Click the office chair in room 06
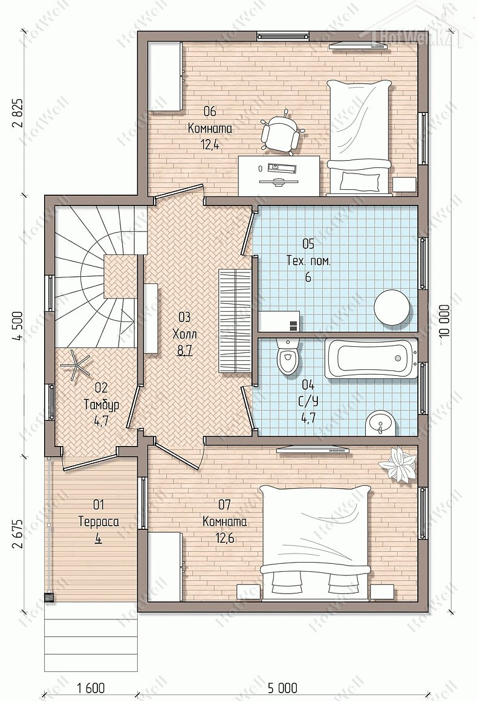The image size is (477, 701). click(281, 132)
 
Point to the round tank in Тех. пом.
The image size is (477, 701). click(392, 308)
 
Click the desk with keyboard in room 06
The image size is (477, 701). click(279, 176)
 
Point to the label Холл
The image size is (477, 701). click(184, 334)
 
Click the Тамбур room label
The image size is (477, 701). click(102, 405)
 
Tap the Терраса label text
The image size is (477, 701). click(99, 522)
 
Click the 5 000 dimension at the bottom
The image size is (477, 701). click(282, 687)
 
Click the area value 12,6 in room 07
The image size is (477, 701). click(224, 537)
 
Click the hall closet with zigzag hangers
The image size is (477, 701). click(235, 320)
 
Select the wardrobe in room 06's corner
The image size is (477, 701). click(165, 76)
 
